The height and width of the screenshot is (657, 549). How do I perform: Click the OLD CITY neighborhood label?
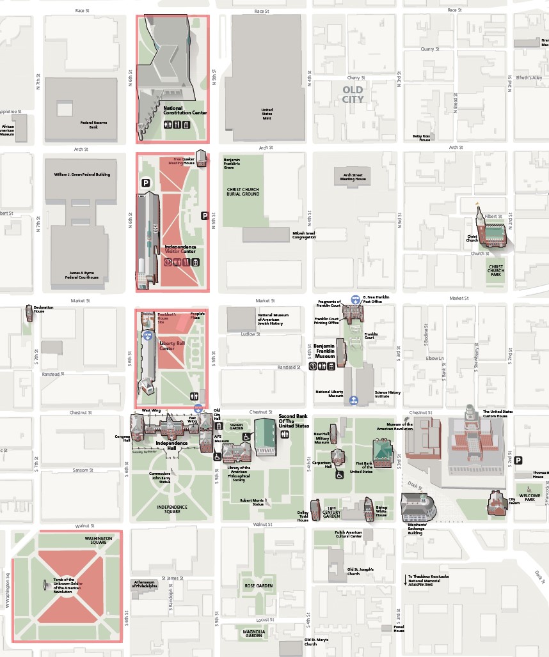tap(353, 95)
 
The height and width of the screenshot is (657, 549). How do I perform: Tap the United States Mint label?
tap(267, 114)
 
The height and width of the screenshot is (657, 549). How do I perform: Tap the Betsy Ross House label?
tap(421, 137)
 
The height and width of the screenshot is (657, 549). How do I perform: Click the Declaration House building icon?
tap(29, 313)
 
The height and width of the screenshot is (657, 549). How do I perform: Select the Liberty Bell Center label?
tap(167, 346)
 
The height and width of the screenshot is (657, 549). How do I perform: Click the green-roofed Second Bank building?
tap(265, 437)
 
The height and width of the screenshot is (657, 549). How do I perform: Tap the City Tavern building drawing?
tap(497, 502)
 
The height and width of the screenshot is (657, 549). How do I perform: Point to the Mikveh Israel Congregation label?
tap(304, 235)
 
